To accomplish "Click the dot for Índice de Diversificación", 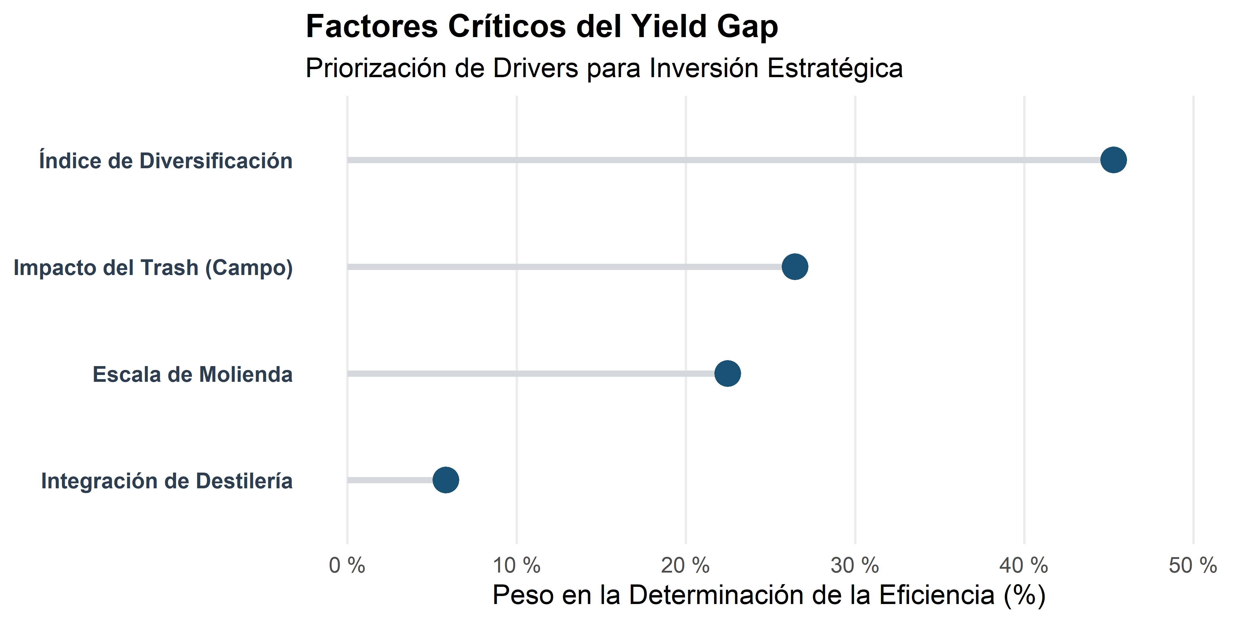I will pyautogui.click(x=1113, y=160).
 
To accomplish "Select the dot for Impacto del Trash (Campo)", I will pyautogui.click(x=795, y=266).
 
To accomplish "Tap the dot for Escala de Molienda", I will pyautogui.click(x=727, y=374).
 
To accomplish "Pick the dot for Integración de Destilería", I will pyautogui.click(x=446, y=480).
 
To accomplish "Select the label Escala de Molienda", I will pyautogui.click(x=193, y=374).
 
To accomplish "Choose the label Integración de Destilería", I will pyautogui.click(x=166, y=481).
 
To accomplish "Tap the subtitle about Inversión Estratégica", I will pyautogui.click(x=604, y=68).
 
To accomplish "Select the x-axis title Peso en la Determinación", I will pyautogui.click(x=769, y=595).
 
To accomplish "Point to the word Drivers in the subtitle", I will pyautogui.click(x=535, y=68).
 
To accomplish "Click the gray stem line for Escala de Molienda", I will pyautogui.click(x=532, y=374).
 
